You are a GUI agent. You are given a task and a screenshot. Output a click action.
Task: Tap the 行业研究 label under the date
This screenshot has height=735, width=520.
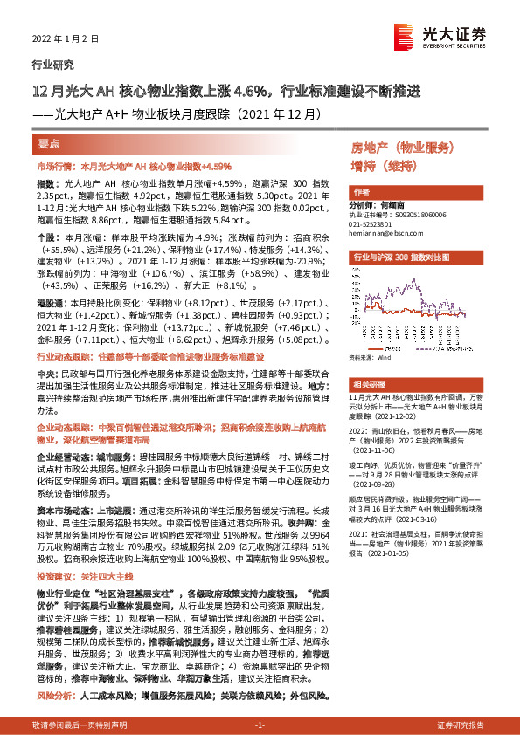click(x=52, y=65)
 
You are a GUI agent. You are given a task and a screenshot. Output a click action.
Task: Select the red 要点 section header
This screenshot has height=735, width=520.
click(x=50, y=143)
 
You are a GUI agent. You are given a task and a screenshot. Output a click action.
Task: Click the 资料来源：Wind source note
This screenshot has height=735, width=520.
click(x=370, y=357)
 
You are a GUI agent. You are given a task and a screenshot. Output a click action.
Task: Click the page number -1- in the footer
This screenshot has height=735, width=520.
click(x=260, y=725)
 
